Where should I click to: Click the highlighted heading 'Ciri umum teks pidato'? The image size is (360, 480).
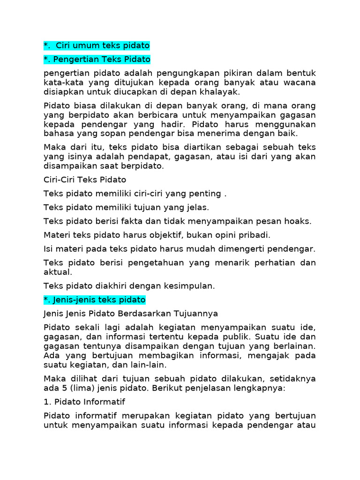click(96, 45)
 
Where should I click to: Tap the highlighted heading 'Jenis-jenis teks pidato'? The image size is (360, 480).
click(94, 299)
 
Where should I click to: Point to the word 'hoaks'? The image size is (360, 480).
click(299, 221)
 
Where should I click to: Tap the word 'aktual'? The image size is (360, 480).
click(57, 271)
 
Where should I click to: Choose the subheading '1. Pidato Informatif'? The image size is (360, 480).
click(84, 402)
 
